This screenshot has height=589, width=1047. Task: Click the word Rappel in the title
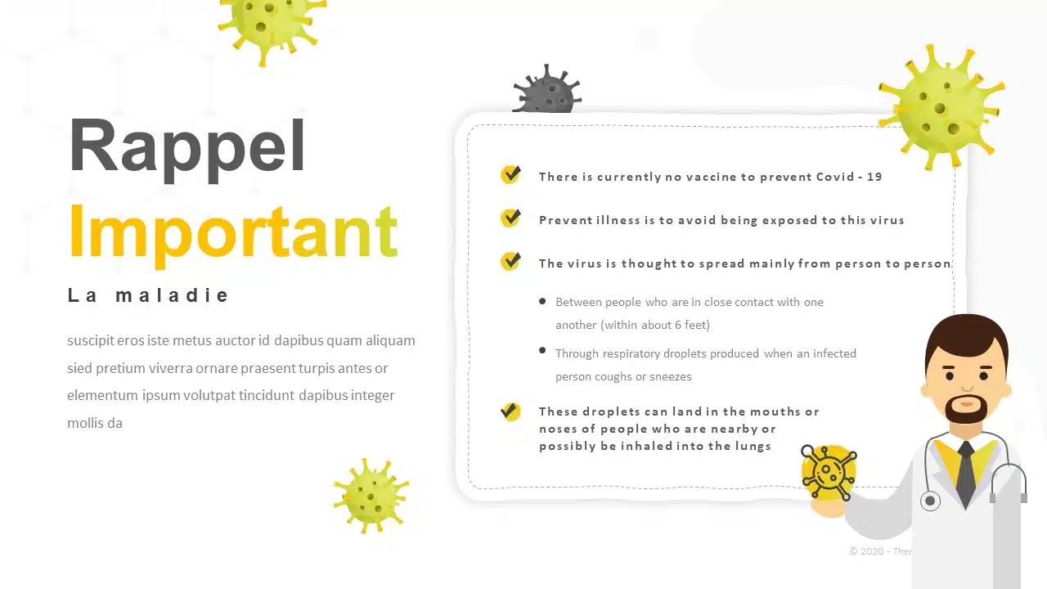pos(187,148)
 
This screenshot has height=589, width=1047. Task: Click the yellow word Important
pos(233,235)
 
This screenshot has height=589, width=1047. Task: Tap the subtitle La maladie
pos(148,295)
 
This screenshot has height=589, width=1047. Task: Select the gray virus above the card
pos(547,90)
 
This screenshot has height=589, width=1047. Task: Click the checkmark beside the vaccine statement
pos(510,174)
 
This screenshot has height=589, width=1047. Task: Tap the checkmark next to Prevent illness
pos(510,218)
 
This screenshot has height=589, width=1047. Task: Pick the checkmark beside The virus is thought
pos(510,261)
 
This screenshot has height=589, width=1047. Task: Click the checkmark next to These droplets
pos(510,411)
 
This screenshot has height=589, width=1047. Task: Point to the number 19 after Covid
pos(874,177)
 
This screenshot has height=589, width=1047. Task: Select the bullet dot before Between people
pos(542,302)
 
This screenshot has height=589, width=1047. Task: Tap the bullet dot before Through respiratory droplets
pos(542,350)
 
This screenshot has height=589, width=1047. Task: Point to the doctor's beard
pos(966,410)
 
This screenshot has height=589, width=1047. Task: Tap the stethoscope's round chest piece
pos(930,501)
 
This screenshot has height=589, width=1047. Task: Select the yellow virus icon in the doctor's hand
pos(829,471)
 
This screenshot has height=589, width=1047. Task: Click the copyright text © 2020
pos(866,551)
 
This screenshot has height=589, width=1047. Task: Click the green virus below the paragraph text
pos(371,497)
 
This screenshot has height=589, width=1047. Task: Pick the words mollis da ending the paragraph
pos(95,423)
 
